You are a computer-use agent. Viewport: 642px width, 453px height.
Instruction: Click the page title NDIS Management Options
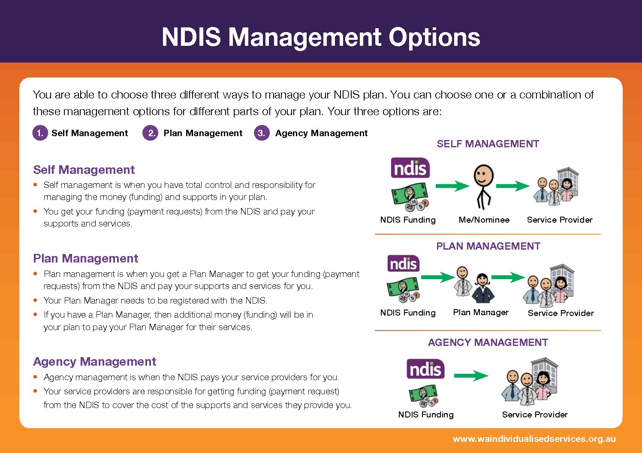pos(321,38)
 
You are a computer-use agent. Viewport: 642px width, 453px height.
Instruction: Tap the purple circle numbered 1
pos(40,133)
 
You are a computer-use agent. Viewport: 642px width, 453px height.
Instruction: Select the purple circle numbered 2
pos(151,133)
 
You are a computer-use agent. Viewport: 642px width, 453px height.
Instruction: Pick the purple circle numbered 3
pos(262,133)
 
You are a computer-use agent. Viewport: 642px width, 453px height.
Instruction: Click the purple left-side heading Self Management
pos(84,170)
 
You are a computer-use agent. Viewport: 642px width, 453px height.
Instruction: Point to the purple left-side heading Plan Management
pos(85,259)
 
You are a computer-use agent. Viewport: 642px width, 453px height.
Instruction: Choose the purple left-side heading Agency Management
pos(95,362)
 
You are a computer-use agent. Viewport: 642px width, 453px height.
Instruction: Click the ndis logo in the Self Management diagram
pos(410,168)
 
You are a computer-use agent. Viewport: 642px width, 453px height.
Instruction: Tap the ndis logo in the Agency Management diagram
pos(425,369)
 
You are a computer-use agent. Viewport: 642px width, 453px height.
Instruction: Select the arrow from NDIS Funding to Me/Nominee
pos(452,186)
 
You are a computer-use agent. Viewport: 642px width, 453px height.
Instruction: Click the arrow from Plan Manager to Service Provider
pos(508,277)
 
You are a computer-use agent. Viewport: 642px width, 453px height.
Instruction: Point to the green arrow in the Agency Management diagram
pos(471,376)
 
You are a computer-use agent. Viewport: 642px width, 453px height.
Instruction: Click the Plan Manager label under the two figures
pos(481,312)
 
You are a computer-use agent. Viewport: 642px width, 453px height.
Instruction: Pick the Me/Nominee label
pos(484,220)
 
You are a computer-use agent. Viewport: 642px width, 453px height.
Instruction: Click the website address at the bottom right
pos(534,439)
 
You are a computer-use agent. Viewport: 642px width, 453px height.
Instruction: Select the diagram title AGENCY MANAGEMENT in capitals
pos(488,343)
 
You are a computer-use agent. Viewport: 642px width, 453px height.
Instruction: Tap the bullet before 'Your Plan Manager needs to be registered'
pos(35,300)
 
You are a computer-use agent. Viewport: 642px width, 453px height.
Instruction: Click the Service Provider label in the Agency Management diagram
pos(535,414)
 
